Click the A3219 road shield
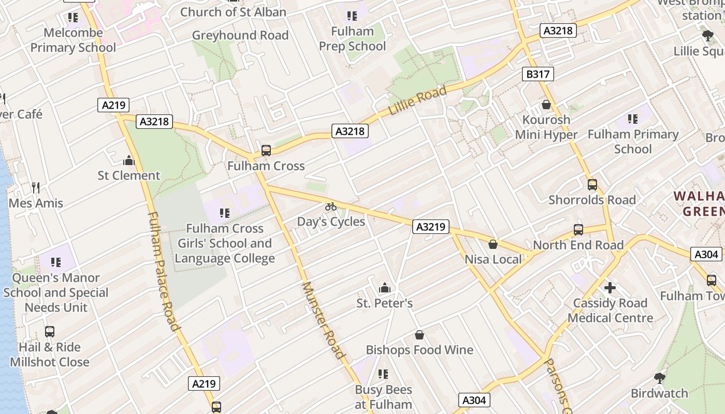click(x=431, y=227)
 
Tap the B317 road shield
click(x=538, y=75)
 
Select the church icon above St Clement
click(x=129, y=160)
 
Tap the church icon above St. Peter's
click(x=384, y=288)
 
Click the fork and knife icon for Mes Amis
click(x=36, y=187)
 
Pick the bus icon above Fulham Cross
click(x=266, y=151)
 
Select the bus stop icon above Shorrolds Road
click(x=592, y=185)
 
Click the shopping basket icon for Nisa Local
click(x=493, y=244)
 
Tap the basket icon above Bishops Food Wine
click(x=419, y=335)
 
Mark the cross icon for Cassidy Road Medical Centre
click(x=610, y=287)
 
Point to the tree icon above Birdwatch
click(x=659, y=378)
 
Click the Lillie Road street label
click(x=417, y=101)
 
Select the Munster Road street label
click(x=323, y=320)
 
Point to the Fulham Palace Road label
click(x=163, y=271)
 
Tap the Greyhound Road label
click(x=240, y=35)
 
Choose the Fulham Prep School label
click(x=352, y=39)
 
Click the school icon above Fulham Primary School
click(x=632, y=119)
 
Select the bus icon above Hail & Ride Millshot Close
click(x=50, y=332)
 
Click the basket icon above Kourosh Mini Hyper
click(x=546, y=105)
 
